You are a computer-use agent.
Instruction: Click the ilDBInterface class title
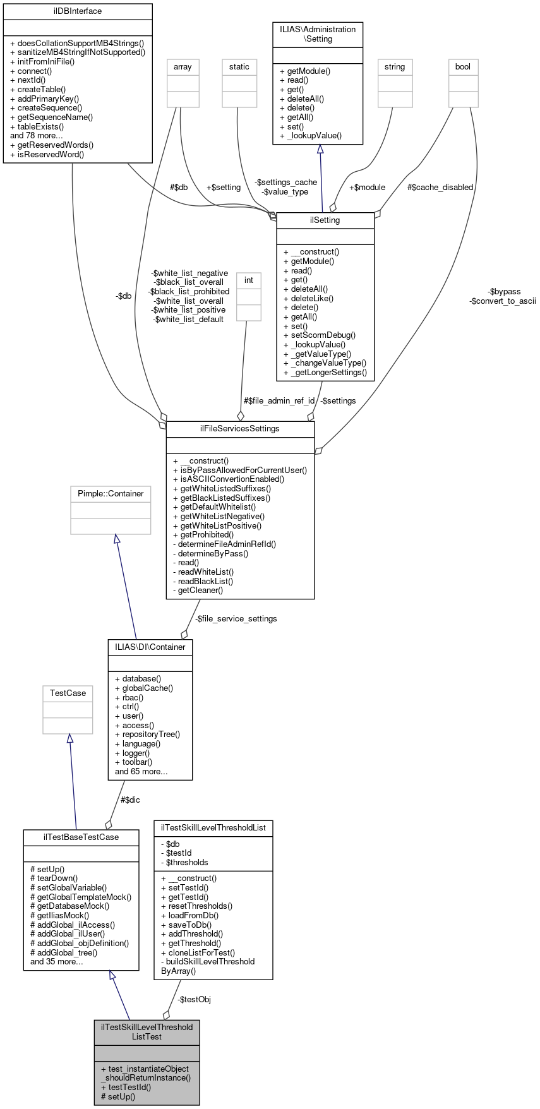click(x=78, y=11)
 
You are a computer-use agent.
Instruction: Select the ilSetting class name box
click(x=325, y=220)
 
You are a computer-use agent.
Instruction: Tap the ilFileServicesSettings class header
click(x=240, y=429)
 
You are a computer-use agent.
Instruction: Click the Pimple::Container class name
click(x=111, y=494)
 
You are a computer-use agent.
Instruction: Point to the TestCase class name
click(x=68, y=693)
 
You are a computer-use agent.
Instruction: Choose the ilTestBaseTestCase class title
click(x=81, y=837)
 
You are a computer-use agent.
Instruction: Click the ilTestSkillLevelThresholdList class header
click(x=213, y=827)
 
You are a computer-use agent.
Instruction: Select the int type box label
click(x=249, y=280)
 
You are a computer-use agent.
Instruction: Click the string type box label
click(x=395, y=67)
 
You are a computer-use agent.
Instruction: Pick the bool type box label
click(x=463, y=67)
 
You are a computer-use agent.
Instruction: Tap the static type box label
click(x=239, y=67)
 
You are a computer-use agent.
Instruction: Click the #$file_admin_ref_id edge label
click(x=279, y=401)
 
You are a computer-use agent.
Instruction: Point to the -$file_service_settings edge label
click(x=236, y=619)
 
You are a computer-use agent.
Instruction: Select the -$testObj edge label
click(x=194, y=1000)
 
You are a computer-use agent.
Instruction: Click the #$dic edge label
click(x=130, y=800)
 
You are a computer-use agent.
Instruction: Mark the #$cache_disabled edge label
click(x=440, y=188)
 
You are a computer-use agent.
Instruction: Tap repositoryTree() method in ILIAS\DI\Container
click(x=151, y=734)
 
